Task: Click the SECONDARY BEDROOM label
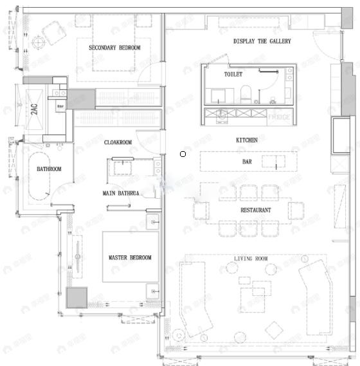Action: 114,48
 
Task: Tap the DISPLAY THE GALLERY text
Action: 262,41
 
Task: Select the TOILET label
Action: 233,75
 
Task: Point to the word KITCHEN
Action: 246,140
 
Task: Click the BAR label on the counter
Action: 247,161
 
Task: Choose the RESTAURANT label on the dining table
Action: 255,210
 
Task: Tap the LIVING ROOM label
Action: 251,259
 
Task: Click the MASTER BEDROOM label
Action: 130,258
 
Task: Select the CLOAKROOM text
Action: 118,142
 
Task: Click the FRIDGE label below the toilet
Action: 278,118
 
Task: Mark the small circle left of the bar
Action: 183,154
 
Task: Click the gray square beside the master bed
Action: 76,297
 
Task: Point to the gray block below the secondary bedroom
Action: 82,99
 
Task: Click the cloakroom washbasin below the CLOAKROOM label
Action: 122,168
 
